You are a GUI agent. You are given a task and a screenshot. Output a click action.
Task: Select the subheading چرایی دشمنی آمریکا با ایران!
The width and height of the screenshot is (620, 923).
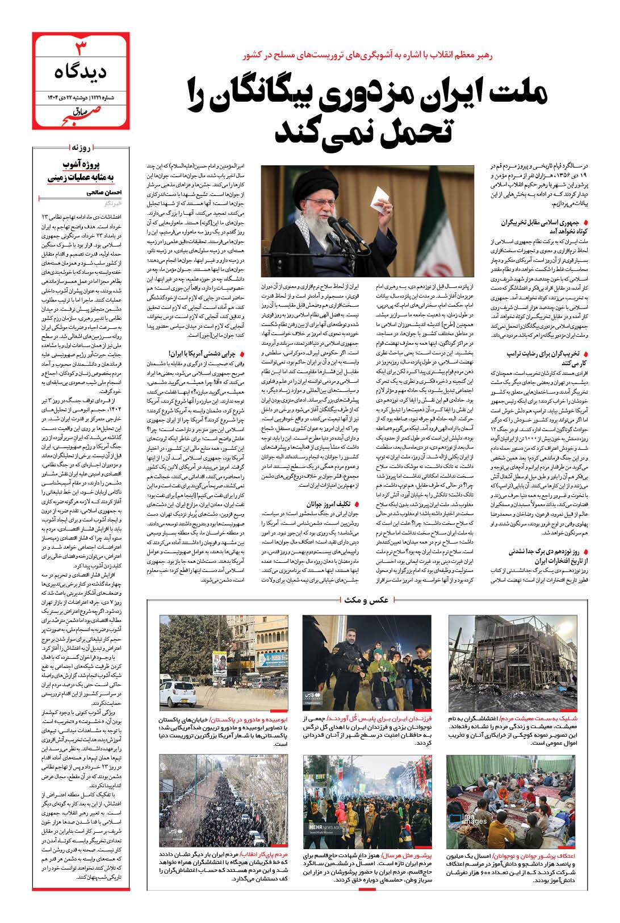click(x=201, y=353)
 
